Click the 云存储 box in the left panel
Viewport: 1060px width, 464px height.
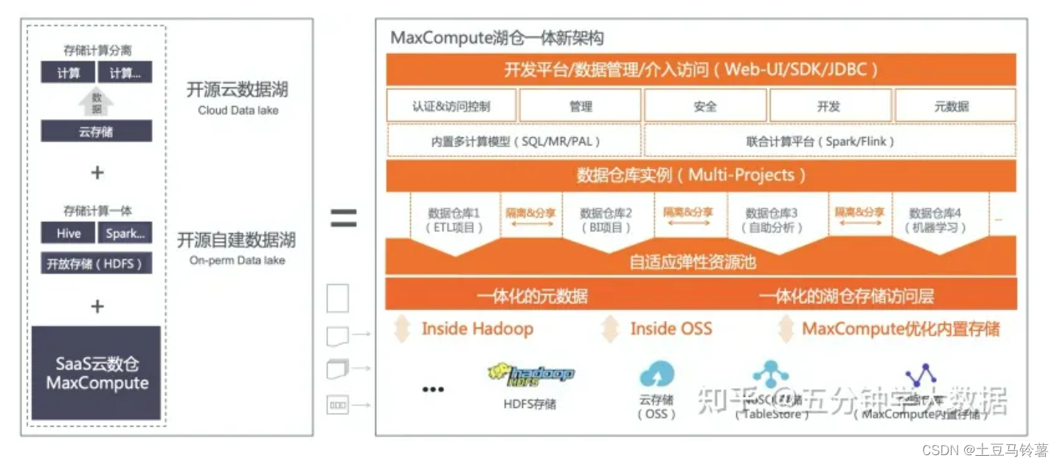pyautogui.click(x=96, y=132)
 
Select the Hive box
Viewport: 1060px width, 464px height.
pyautogui.click(x=69, y=233)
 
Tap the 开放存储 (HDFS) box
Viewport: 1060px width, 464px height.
pyautogui.click(x=96, y=263)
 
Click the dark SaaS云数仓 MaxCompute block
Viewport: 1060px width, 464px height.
pyautogui.click(x=96, y=373)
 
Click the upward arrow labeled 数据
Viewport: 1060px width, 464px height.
pyautogui.click(x=96, y=103)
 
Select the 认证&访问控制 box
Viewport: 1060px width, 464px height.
pyautogui.click(x=451, y=106)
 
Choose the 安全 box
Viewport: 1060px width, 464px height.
pyautogui.click(x=705, y=106)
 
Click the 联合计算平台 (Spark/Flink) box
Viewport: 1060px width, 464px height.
pyautogui.click(x=829, y=141)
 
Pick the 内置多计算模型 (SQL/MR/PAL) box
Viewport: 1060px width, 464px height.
pyautogui.click(x=515, y=141)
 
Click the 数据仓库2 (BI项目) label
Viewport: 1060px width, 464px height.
pyautogui.click(x=606, y=221)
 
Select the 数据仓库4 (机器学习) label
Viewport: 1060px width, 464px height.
pyautogui.click(x=935, y=221)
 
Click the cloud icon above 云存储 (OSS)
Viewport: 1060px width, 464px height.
pyautogui.click(x=657, y=375)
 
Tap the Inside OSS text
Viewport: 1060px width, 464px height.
pyautogui.click(x=671, y=329)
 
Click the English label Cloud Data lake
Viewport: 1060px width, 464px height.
pyautogui.click(x=238, y=111)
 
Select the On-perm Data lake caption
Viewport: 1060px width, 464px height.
pyautogui.click(x=237, y=260)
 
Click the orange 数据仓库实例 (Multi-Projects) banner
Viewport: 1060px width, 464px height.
pyautogui.click(x=701, y=176)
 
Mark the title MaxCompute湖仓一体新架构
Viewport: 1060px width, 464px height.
pyautogui.click(x=497, y=38)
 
